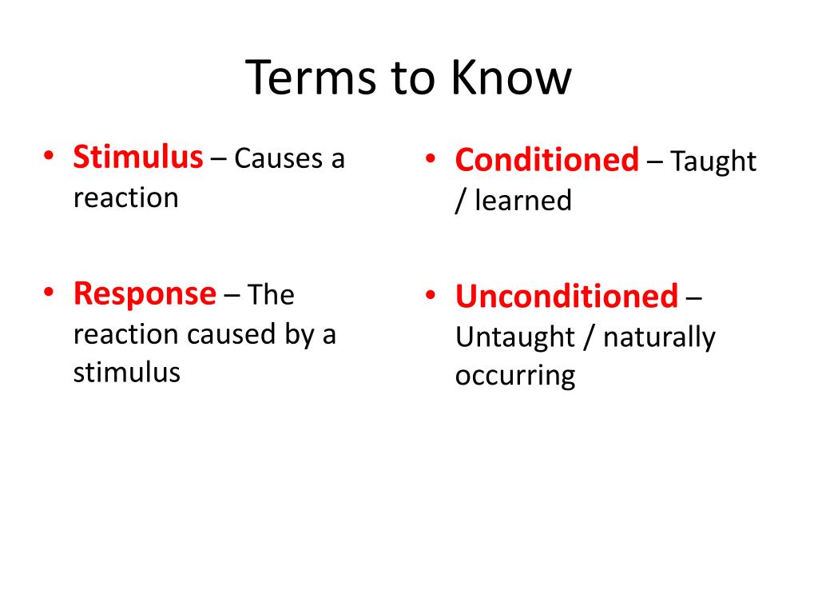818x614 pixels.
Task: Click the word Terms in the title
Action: tap(311, 78)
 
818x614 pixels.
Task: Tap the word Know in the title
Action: tap(510, 78)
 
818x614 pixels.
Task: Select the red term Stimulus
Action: tap(137, 157)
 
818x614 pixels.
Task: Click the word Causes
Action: tap(279, 158)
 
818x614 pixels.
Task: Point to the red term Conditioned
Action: tap(546, 159)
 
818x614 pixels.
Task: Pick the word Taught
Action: tap(713, 161)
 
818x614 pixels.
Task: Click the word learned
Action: tap(523, 200)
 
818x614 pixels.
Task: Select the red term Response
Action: tap(145, 294)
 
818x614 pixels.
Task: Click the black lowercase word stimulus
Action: tap(127, 373)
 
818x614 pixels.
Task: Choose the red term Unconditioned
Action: tap(566, 296)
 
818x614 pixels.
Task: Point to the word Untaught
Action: tap(515, 337)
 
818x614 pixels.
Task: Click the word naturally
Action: tap(659, 338)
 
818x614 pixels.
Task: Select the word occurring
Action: tap(515, 376)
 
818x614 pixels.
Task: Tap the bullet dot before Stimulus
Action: tap(49, 156)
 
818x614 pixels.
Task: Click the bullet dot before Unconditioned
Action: tap(431, 295)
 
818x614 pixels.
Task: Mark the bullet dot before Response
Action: tap(49, 292)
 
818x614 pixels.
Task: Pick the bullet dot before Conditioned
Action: tap(431, 158)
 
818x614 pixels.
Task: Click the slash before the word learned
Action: tap(460, 201)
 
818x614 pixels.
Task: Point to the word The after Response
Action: tap(271, 294)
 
